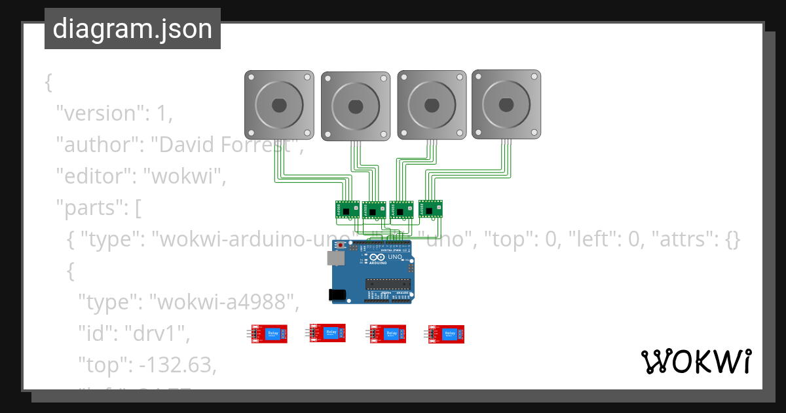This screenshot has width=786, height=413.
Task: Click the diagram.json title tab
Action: [132, 29]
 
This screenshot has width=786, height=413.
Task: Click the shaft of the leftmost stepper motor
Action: [279, 104]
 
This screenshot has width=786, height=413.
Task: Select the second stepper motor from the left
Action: [356, 106]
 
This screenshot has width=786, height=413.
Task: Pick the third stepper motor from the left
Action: [432, 104]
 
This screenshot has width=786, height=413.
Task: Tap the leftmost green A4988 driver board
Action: [347, 209]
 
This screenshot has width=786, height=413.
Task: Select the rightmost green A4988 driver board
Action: [430, 208]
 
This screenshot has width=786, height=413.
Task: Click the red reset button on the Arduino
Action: [341, 246]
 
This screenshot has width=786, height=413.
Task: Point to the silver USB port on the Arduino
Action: [335, 258]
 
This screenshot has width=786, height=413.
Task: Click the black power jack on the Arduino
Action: [339, 295]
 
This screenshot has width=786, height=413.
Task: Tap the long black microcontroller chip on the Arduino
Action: [388, 284]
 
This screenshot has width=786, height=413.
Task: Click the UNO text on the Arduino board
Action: [395, 257]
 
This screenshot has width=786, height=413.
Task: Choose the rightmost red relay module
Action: [447, 334]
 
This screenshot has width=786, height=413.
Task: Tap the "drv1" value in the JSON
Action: [158, 333]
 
